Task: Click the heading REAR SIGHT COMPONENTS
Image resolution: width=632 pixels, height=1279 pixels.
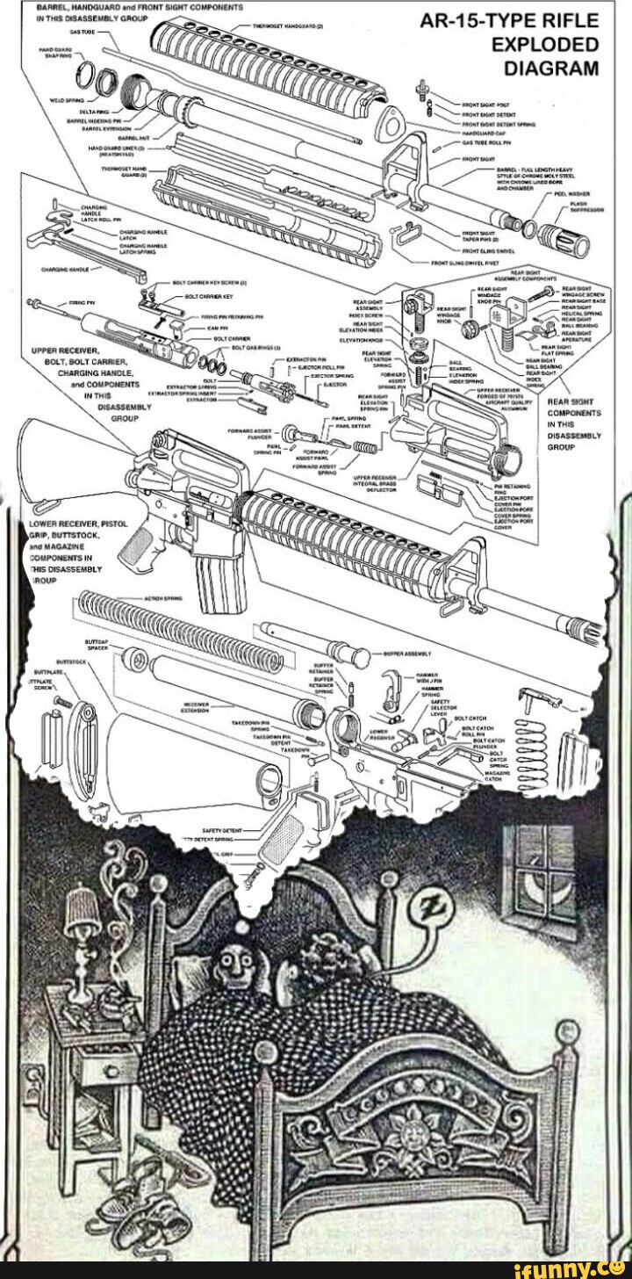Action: (573, 423)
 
